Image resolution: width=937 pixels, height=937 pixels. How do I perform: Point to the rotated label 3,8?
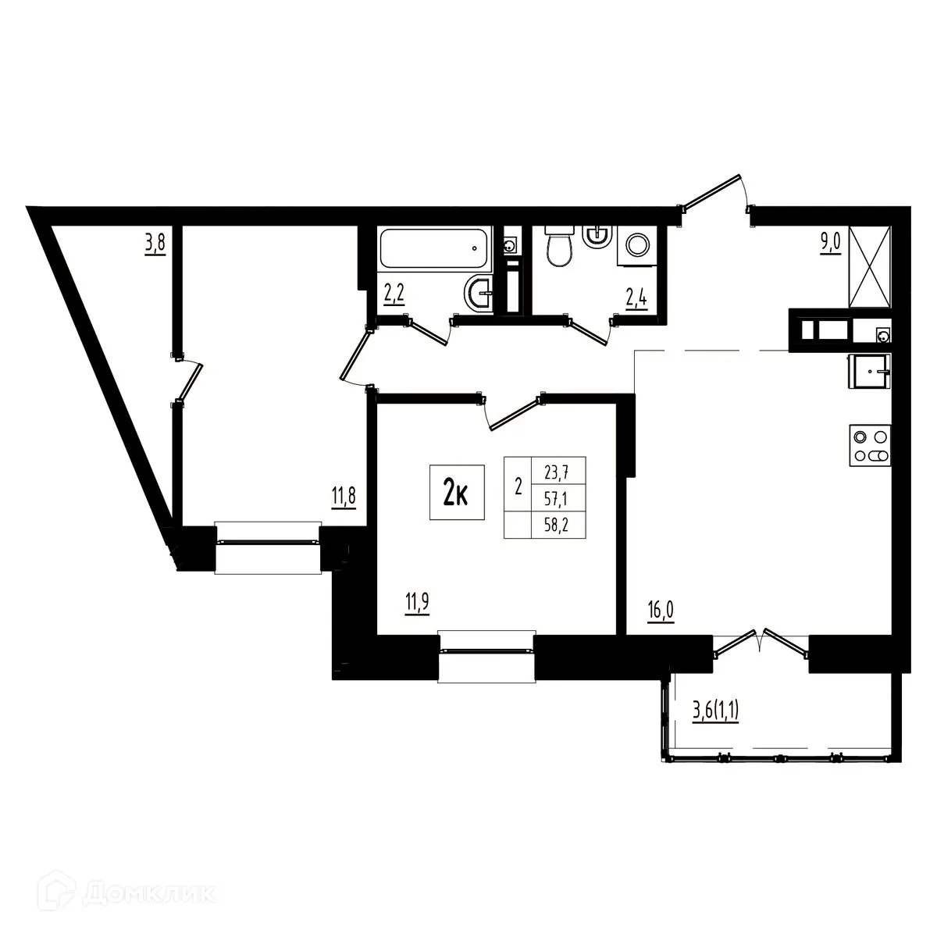154,244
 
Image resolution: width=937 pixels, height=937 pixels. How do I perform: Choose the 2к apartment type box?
456,492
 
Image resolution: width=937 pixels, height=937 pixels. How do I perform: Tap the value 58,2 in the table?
558,525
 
